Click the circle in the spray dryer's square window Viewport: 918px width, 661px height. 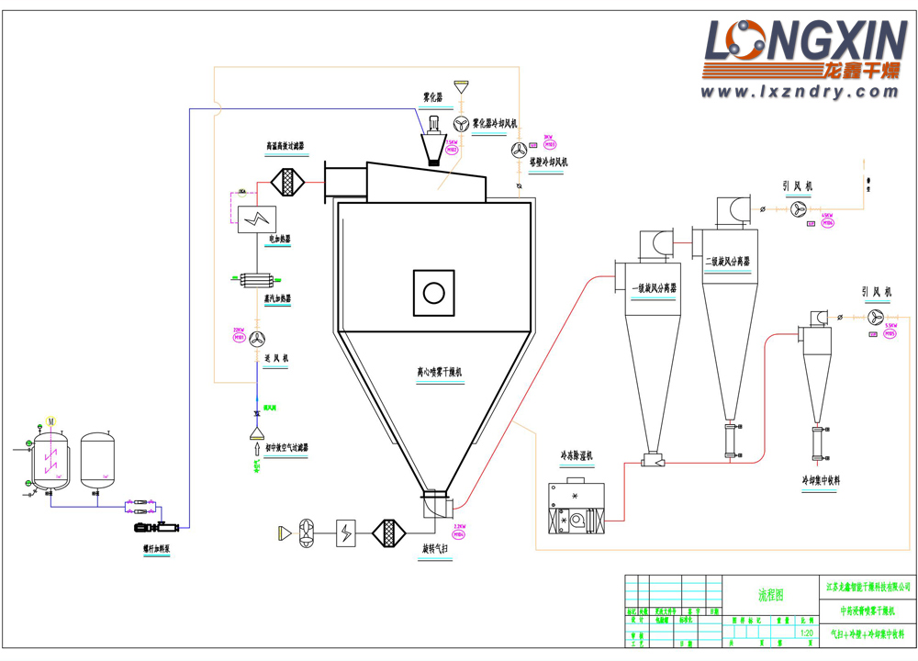pos(433,293)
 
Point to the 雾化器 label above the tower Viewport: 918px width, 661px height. pos(432,95)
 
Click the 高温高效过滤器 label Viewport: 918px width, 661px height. pos(285,145)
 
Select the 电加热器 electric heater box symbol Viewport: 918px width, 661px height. pos(258,218)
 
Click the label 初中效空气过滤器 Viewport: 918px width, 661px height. pos(287,449)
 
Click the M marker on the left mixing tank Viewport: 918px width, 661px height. pos(51,421)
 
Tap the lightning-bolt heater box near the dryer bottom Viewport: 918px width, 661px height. pos(346,532)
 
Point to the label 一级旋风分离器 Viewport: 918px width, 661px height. pos(655,288)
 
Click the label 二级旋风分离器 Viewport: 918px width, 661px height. pos(728,262)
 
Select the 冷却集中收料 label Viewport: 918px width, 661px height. pos(820,480)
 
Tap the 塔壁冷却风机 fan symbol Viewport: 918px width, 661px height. pos(520,151)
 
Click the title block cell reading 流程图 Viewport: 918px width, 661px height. pos(770,595)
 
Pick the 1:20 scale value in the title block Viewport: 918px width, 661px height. pos(807,633)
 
